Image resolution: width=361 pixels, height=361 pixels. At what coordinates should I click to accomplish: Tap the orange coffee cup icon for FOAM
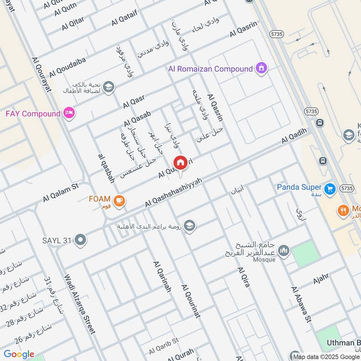[119, 200]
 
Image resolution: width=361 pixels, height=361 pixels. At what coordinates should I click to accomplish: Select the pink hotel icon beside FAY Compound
[69, 113]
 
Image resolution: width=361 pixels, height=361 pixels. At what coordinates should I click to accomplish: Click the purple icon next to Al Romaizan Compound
[261, 69]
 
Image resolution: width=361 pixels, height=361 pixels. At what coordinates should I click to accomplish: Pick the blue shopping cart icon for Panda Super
[329, 187]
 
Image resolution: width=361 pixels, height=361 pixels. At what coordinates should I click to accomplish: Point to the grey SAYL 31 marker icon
[81, 240]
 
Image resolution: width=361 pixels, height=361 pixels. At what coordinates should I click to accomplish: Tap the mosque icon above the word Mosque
[283, 250]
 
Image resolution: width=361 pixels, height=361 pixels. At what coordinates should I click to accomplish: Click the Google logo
[19, 354]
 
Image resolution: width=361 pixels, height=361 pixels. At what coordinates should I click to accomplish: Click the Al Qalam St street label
[61, 192]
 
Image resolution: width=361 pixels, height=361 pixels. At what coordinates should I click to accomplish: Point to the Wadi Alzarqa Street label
[80, 304]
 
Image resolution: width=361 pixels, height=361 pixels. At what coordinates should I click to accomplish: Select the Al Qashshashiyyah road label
[173, 193]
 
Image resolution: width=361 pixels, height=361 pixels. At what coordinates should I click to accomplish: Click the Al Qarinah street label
[162, 277]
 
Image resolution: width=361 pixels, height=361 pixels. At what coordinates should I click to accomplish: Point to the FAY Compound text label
[32, 113]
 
